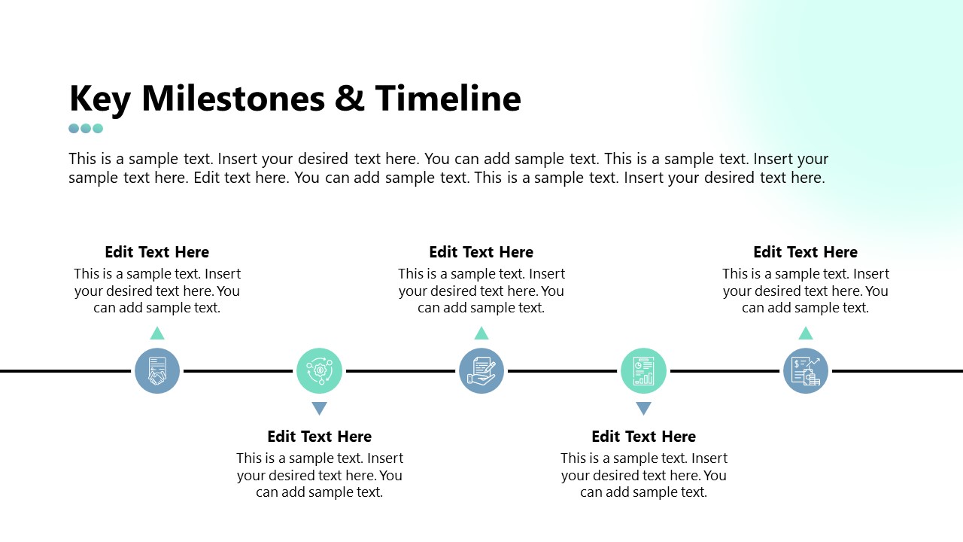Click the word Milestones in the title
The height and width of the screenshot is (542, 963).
pos(233,99)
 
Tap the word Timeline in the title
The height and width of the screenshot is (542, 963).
pos(448,99)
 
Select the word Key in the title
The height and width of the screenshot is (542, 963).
pos(100,101)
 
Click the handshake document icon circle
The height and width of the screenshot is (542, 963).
pos(157,371)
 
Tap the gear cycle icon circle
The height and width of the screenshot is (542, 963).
pos(319,371)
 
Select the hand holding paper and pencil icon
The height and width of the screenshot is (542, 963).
pos(481,371)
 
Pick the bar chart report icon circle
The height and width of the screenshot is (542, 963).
pos(643,371)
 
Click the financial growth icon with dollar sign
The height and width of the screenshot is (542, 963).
pos(805,371)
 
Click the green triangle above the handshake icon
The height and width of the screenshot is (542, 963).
pos(157,334)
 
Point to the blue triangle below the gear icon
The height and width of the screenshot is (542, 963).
pos(319,408)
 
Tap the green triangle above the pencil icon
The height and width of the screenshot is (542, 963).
pos(481,334)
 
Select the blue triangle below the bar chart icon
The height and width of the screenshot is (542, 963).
pos(643,408)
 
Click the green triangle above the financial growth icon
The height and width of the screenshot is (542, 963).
pos(805,334)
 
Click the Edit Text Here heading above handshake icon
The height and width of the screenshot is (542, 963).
pos(157,252)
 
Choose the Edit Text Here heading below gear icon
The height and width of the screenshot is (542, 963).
pos(319,437)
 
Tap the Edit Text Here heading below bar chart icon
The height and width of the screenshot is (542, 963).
pos(643,437)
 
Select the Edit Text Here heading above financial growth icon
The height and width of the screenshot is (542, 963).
pos(805,252)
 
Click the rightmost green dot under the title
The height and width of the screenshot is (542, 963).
pos(98,128)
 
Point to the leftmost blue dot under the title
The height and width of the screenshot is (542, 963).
pos(74,128)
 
